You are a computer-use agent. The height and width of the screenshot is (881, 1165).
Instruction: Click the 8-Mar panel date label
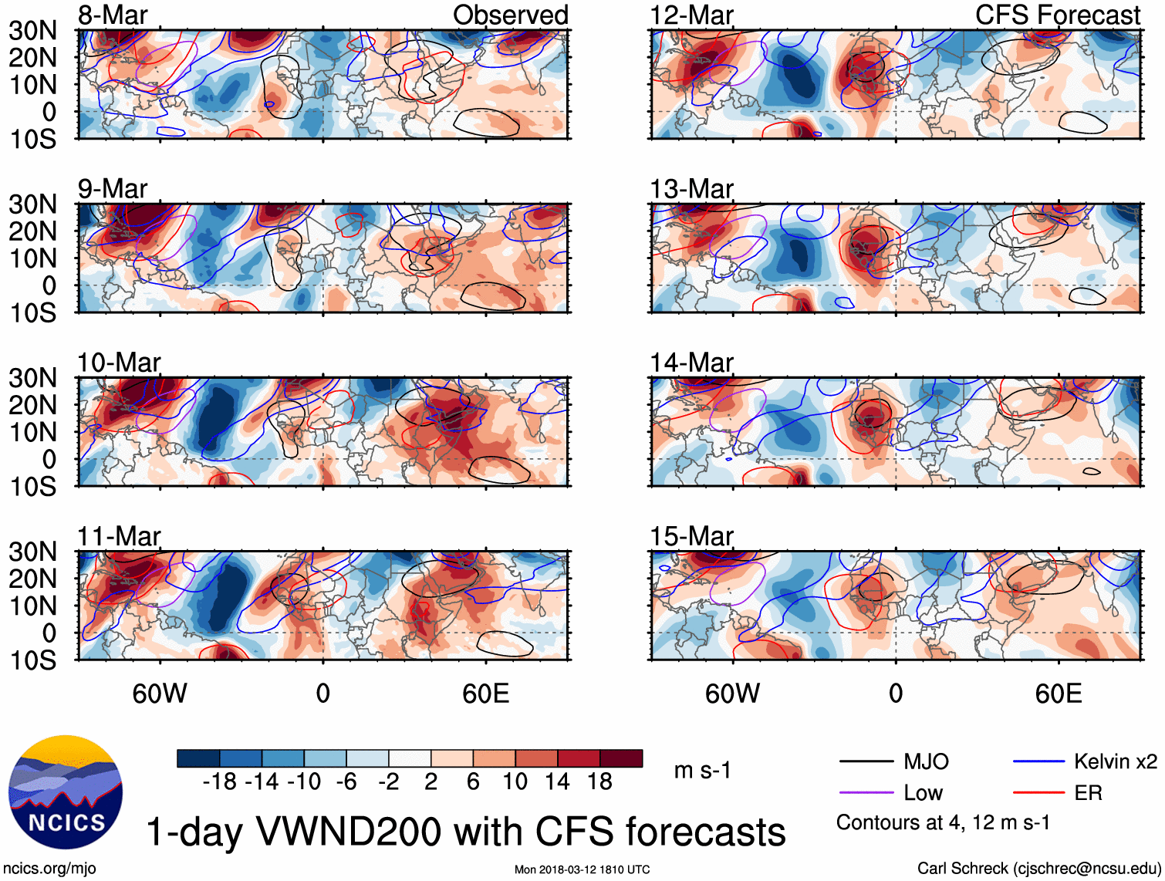click(x=113, y=15)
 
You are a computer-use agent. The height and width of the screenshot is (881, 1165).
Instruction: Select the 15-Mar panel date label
click(x=691, y=536)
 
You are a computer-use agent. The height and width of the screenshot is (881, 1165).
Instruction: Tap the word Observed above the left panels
click(x=510, y=15)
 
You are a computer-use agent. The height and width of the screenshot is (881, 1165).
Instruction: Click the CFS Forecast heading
click(x=1057, y=15)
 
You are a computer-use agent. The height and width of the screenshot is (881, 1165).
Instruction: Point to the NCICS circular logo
click(x=66, y=792)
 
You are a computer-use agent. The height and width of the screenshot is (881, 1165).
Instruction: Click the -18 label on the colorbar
click(x=220, y=782)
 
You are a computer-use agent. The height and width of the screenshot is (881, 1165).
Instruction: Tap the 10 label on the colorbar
click(x=515, y=782)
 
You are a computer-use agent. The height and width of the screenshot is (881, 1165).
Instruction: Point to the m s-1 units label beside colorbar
click(x=702, y=771)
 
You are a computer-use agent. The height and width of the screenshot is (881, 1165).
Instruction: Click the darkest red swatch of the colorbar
click(x=621, y=758)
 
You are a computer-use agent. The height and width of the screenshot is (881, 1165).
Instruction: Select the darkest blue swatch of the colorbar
click(x=198, y=758)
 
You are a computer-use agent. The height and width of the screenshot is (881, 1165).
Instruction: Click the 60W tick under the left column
click(x=160, y=694)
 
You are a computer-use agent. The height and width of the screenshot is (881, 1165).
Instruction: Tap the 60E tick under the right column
click(x=1058, y=694)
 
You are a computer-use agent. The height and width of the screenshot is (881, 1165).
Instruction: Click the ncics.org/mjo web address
click(x=49, y=868)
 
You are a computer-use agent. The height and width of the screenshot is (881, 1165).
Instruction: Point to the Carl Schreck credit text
click(x=1038, y=868)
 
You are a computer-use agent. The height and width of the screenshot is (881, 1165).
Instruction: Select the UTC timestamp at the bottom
click(x=582, y=869)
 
